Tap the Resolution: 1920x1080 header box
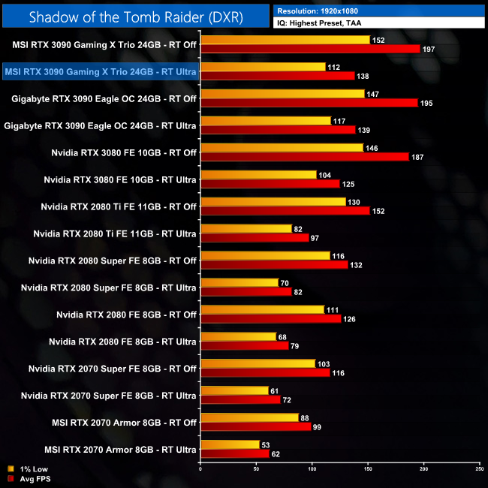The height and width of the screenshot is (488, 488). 380,11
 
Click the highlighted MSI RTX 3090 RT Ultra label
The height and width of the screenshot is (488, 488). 100,72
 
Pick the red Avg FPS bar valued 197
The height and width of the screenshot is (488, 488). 310,49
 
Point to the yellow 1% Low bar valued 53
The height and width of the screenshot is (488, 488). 230,444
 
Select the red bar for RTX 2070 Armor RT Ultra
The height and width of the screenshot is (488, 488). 235,453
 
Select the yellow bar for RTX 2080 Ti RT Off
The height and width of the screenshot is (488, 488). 273,201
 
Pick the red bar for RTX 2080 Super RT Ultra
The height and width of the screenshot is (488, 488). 246,291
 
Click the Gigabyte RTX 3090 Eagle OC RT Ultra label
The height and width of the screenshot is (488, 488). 101,125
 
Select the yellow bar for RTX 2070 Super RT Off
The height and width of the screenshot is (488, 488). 258,363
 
